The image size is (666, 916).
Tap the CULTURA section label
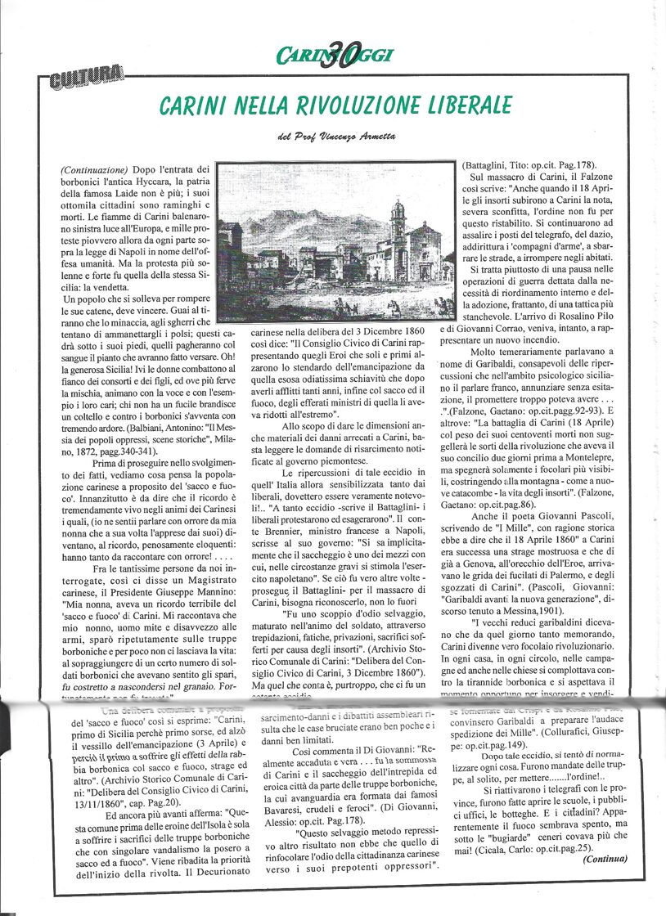tap(86, 80)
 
